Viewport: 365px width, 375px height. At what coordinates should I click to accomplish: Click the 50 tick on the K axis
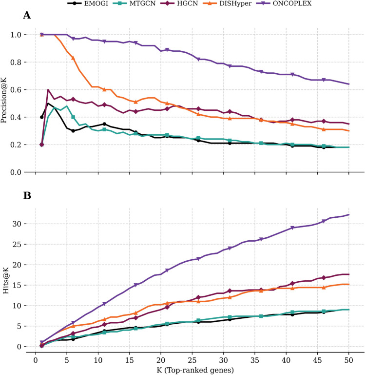(x=349, y=360)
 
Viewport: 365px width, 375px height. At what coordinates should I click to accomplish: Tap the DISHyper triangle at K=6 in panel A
(x=73, y=58)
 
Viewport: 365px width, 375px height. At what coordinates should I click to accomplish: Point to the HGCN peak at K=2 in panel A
(x=48, y=90)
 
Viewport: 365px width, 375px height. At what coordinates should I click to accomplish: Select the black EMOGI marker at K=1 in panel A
(x=42, y=117)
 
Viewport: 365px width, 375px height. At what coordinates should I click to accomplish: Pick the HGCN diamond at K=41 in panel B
(x=292, y=283)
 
